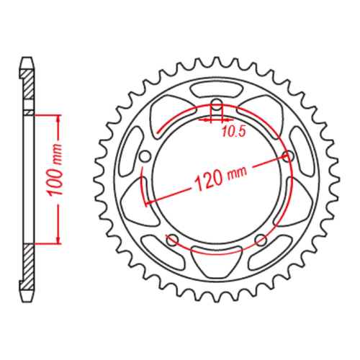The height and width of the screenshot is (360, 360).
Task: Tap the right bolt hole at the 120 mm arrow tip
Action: pos(289,156)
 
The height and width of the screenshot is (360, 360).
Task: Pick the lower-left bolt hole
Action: pos(172,240)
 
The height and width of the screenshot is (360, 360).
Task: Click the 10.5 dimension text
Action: pos(232,132)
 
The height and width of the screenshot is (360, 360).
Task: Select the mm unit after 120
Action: pos(235,171)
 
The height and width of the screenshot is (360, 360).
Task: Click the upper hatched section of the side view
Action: pos(27,86)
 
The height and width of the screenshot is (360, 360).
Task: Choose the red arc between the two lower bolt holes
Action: pos(217,252)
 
